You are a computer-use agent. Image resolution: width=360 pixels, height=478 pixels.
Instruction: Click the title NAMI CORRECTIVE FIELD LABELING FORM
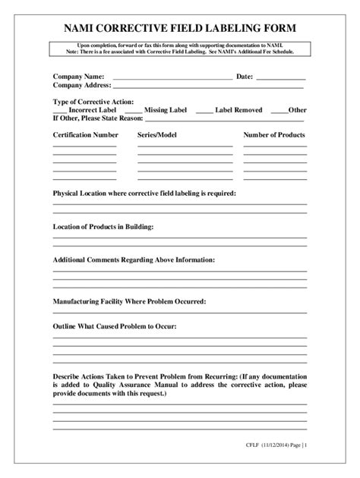click(180, 28)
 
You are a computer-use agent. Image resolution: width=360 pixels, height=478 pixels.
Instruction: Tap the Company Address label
click(82, 86)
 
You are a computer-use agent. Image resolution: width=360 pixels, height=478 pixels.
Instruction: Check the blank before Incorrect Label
click(61, 112)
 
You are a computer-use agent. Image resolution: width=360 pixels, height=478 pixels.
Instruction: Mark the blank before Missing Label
click(132, 112)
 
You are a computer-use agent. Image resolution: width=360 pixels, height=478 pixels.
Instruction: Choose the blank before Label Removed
click(204, 112)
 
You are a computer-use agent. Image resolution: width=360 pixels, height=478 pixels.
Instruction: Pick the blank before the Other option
click(278, 112)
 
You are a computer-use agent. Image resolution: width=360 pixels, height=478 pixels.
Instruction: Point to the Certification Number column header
click(85, 134)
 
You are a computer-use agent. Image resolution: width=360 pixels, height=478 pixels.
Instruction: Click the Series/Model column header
click(157, 134)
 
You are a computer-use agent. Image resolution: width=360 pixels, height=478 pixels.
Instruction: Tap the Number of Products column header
click(274, 134)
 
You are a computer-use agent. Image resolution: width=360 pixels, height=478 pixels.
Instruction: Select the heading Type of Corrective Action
click(93, 102)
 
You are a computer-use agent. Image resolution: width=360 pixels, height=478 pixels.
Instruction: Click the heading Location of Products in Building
click(103, 227)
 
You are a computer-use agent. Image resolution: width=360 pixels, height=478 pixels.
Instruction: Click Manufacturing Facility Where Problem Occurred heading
click(129, 301)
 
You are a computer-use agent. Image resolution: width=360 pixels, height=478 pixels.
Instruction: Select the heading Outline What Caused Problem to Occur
click(114, 326)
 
